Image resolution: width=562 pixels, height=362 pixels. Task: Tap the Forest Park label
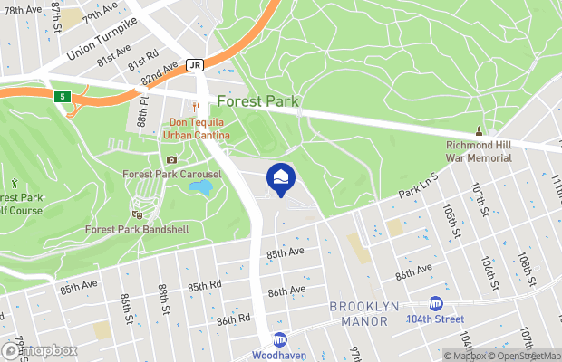(257, 102)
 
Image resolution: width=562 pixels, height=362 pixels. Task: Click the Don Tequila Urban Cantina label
(197, 129)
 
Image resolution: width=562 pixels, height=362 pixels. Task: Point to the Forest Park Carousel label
(172, 174)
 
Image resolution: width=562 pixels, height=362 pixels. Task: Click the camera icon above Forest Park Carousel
(171, 160)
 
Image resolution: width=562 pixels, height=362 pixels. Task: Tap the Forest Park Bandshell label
(137, 229)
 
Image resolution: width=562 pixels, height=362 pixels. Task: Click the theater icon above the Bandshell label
(137, 214)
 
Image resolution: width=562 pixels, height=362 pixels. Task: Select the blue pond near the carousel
(200, 188)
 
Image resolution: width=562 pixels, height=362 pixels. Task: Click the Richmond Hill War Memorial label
(479, 151)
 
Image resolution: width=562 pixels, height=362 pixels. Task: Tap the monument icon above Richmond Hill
(479, 132)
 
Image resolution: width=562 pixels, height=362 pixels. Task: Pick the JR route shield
(194, 65)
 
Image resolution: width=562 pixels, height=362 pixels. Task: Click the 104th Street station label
(435, 319)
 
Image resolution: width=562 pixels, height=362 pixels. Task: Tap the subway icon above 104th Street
(435, 303)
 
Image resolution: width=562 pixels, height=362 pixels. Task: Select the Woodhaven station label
(279, 355)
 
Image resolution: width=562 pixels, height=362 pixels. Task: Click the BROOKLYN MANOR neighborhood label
(364, 313)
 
